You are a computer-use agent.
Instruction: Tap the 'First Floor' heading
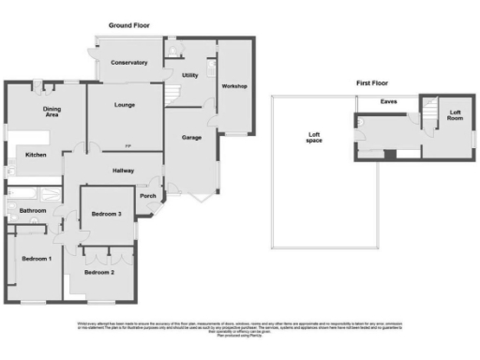pyautogui.click(x=372, y=83)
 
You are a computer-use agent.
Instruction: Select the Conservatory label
pyautogui.click(x=128, y=63)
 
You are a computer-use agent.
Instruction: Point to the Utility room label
pyautogui.click(x=189, y=74)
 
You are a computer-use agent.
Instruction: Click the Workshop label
pyautogui.click(x=233, y=86)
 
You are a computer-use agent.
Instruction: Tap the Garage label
pyautogui.click(x=192, y=138)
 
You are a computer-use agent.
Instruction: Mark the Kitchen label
pyautogui.click(x=36, y=155)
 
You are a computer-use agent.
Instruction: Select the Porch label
pyautogui.click(x=147, y=196)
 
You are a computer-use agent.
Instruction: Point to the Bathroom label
pyautogui.click(x=33, y=211)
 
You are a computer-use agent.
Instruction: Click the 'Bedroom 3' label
pyautogui.click(x=106, y=215)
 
